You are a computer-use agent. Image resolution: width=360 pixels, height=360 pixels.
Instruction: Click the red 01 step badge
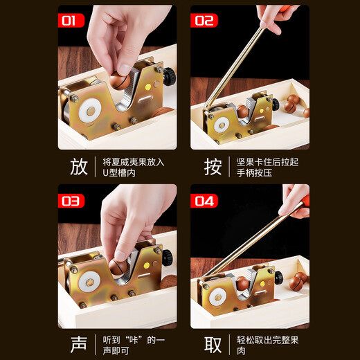(x=69, y=21)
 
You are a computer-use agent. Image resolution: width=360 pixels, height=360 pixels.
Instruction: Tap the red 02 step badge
(x=204, y=21)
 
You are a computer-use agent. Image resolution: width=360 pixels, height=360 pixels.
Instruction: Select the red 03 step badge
(x=71, y=201)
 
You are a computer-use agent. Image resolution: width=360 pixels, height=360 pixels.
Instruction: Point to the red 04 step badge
(x=204, y=201)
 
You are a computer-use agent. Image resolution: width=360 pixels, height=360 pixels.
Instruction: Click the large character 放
(x=78, y=167)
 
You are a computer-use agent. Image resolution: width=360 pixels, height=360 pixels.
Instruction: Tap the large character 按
(x=213, y=167)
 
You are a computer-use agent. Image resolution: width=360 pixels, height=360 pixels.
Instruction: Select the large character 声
(x=78, y=344)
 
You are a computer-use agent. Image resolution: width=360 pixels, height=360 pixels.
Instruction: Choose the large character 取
(x=213, y=344)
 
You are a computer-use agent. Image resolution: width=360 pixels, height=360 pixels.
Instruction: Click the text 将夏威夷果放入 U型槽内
(x=134, y=167)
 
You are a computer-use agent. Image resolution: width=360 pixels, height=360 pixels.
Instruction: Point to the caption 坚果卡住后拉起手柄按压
(x=268, y=167)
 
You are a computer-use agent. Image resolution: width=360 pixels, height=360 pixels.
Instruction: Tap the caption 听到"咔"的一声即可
(x=134, y=344)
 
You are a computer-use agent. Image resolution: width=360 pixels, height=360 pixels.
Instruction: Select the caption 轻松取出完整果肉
(x=268, y=344)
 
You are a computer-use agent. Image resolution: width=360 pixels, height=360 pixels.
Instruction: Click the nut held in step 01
(x=118, y=80)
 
